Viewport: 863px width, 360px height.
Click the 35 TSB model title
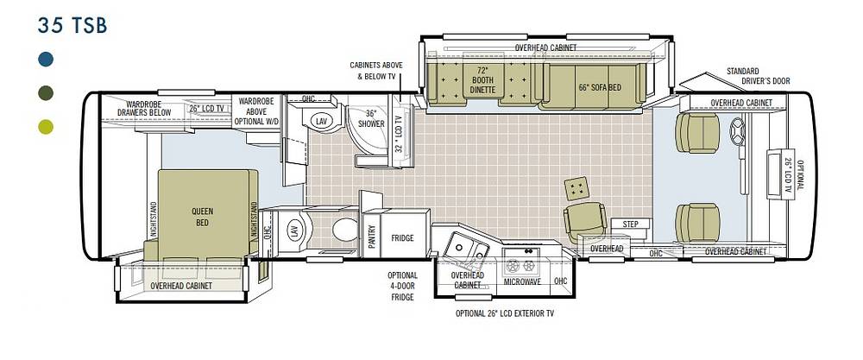(72, 26)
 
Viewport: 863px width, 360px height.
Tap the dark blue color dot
(47, 59)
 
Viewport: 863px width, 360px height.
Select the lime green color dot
(47, 127)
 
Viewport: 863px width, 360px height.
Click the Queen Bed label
(203, 217)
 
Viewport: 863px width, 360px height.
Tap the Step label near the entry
(630, 224)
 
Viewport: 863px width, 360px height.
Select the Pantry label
(371, 237)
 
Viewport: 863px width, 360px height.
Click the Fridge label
(402, 238)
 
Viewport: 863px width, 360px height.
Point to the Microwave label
(522, 281)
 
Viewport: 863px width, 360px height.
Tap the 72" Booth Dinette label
(482, 80)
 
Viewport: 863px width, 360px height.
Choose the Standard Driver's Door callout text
(758, 76)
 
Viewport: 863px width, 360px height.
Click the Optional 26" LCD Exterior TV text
(504, 313)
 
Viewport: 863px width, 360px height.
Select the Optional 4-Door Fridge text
(402, 287)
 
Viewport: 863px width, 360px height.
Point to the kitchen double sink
(464, 249)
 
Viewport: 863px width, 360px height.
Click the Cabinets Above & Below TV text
(376, 71)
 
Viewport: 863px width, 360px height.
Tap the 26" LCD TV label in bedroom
(206, 109)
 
